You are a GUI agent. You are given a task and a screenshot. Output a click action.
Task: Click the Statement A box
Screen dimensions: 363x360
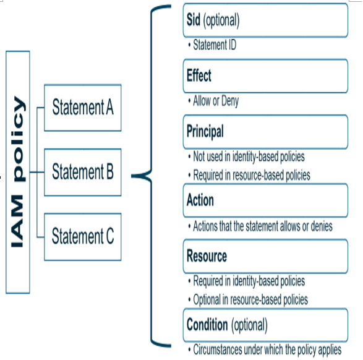click(x=83, y=108)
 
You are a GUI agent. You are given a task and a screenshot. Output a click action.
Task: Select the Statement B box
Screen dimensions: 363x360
click(x=83, y=172)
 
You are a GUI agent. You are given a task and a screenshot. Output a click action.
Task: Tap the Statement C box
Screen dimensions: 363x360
click(x=83, y=237)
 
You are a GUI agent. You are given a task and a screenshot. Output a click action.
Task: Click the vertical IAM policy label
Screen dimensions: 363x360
click(x=18, y=172)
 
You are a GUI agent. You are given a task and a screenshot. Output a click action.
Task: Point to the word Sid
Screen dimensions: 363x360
click(x=194, y=20)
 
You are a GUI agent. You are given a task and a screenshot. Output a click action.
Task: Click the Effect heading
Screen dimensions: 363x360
click(x=199, y=75)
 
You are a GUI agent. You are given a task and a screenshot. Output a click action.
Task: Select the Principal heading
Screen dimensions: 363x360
click(x=205, y=132)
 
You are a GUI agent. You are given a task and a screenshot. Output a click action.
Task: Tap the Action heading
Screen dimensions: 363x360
click(x=200, y=200)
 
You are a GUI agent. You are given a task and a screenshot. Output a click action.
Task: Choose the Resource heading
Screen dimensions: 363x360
click(x=207, y=256)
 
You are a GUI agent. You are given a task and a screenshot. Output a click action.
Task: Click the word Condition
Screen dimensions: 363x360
click(x=207, y=325)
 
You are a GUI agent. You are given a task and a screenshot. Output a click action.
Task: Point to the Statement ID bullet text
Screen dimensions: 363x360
click(x=215, y=45)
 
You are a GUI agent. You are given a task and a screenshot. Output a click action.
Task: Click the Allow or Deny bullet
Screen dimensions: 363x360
click(x=216, y=101)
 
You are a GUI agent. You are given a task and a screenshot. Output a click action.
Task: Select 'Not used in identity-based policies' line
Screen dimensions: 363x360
click(x=249, y=156)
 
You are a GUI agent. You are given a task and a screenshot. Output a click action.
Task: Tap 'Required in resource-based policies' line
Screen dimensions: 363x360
click(x=252, y=175)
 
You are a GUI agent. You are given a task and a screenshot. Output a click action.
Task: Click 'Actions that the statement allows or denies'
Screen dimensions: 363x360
click(x=263, y=226)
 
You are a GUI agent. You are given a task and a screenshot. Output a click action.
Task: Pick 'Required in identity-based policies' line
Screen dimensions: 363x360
click(x=249, y=281)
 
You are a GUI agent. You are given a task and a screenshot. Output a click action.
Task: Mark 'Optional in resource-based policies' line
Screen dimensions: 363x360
click(x=250, y=300)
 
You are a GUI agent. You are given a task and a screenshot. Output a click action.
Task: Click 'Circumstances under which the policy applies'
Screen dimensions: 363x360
click(x=267, y=350)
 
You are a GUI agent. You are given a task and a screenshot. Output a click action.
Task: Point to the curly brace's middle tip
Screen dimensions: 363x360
click(x=132, y=176)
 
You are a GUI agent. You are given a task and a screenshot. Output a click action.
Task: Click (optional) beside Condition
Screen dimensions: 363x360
click(x=250, y=325)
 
